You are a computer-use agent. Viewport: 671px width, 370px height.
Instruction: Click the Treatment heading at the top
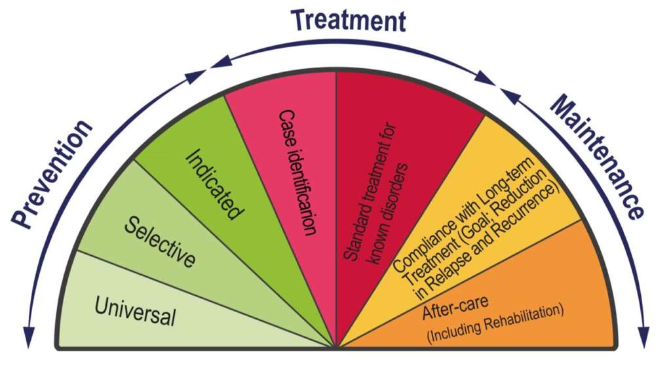[x=348, y=20]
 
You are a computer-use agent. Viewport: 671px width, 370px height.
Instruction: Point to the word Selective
[x=160, y=241]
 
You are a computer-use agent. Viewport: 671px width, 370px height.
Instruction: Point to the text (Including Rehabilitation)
[x=495, y=321]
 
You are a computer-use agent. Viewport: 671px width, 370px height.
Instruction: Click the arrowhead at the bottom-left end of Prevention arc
[x=27, y=340]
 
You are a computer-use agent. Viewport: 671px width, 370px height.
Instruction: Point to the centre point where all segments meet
[x=335, y=346]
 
